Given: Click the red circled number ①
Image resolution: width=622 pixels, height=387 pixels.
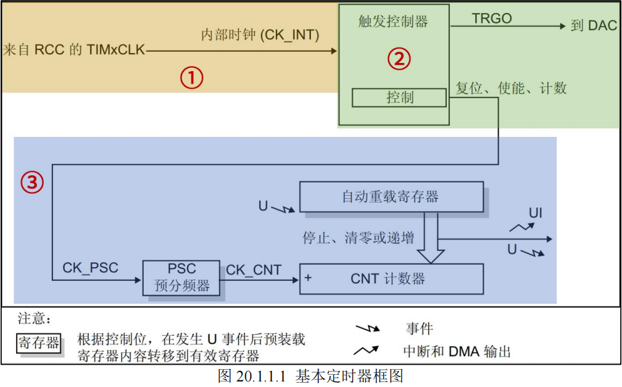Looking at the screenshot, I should click(191, 78).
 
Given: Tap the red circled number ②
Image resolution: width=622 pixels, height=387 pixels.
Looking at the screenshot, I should click(399, 59).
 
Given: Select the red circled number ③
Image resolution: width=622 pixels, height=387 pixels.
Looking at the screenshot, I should click(32, 182).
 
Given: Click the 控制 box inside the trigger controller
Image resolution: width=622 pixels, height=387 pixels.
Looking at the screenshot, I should click(399, 98).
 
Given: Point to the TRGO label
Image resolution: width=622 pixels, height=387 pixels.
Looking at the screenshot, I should click(492, 19).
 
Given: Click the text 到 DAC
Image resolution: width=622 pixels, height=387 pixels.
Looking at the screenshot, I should click(593, 26).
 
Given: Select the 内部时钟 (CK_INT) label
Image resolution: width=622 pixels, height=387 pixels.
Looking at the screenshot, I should click(260, 35).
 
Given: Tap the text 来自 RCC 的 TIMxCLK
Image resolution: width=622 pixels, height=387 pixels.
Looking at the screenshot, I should click(73, 50).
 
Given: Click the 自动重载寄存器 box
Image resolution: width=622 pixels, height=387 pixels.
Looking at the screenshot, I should click(391, 197).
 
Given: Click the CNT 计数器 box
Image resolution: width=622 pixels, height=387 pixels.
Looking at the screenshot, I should click(391, 279).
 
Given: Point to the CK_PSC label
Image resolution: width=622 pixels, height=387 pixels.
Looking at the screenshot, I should click(90, 268).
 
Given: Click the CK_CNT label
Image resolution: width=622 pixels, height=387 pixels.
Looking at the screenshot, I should click(254, 270).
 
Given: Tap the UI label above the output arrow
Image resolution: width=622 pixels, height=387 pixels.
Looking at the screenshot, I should click(535, 214).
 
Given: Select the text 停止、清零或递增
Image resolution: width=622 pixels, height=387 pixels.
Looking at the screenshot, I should click(358, 238).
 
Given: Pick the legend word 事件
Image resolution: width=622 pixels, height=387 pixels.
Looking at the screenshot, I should click(420, 328).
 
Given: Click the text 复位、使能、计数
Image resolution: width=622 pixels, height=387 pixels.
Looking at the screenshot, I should click(511, 88).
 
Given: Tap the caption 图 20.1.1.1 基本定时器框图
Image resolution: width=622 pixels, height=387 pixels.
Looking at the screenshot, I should click(310, 376).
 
